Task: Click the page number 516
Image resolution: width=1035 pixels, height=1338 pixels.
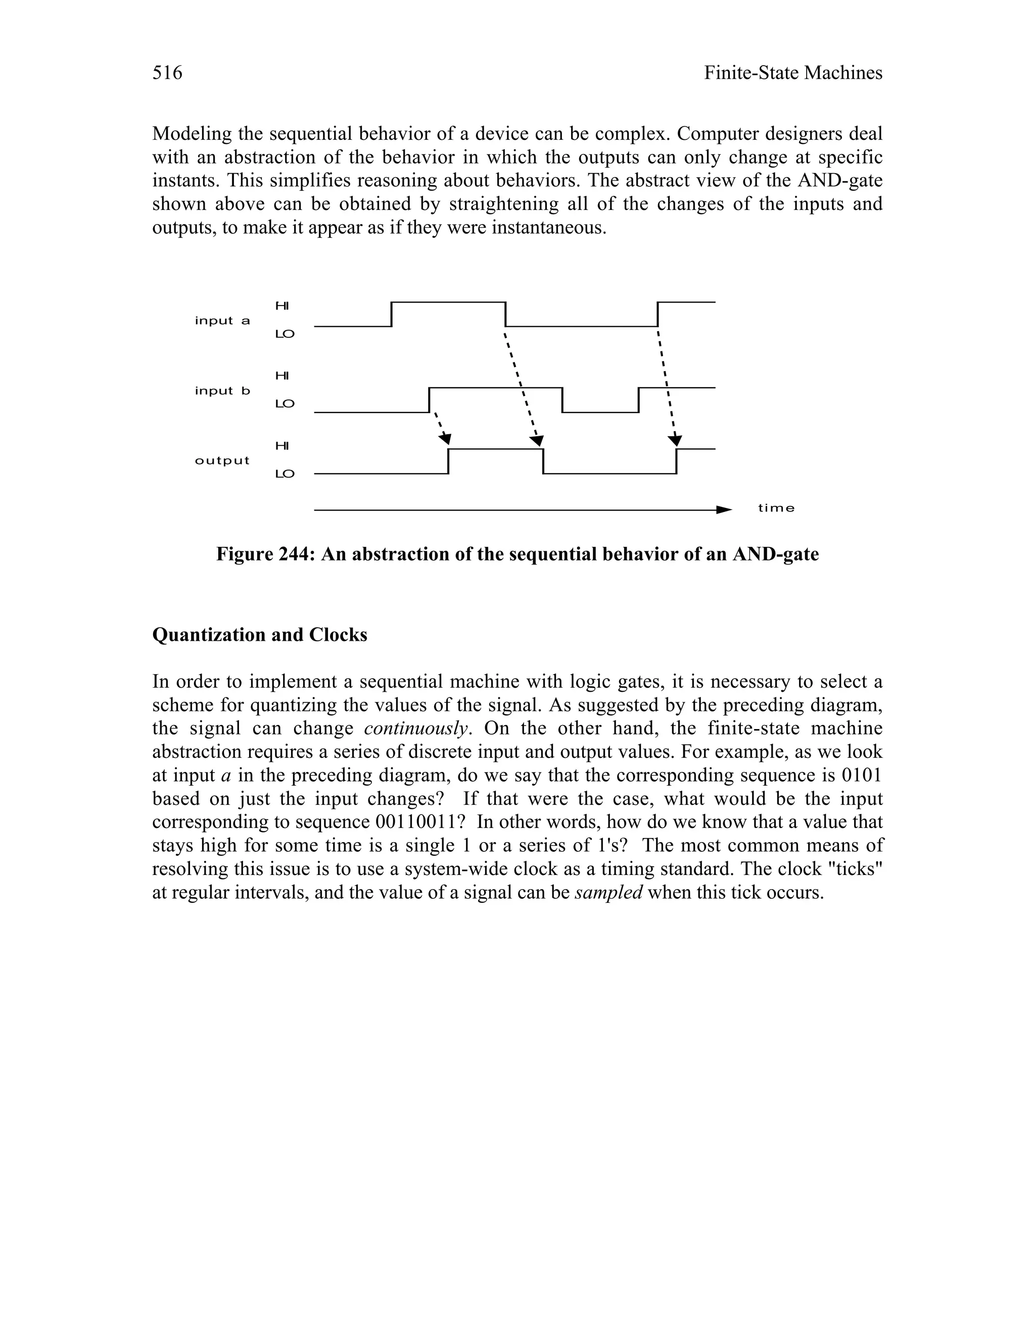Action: [167, 73]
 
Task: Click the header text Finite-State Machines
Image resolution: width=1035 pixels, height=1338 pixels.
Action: [793, 73]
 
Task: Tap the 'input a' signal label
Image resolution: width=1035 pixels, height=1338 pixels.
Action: [222, 321]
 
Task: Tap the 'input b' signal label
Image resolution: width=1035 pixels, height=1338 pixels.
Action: [222, 390]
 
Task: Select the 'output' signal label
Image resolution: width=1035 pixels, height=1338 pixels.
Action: [222, 460]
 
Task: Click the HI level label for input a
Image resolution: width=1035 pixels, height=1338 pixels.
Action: [282, 305]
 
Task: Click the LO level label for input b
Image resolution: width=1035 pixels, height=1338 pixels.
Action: [285, 404]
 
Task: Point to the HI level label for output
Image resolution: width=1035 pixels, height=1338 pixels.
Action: [282, 445]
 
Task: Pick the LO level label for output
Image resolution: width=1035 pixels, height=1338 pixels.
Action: [285, 474]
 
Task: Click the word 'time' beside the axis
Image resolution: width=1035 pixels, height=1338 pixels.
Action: [776, 508]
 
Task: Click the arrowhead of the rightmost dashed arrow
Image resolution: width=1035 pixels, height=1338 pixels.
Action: [675, 440]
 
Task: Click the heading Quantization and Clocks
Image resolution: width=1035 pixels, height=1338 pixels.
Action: [259, 635]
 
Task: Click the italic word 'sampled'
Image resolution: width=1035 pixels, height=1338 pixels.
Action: [608, 892]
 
